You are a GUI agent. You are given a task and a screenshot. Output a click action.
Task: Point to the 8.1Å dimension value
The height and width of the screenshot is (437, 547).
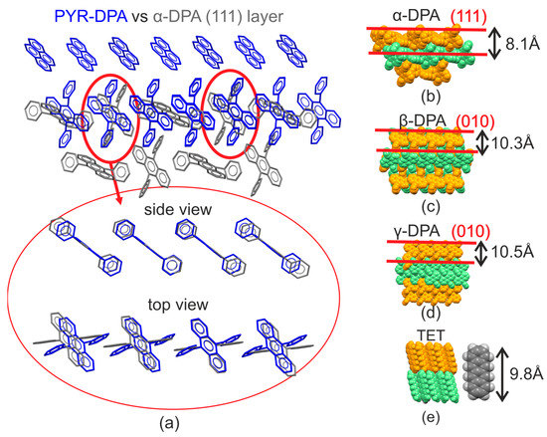[517, 44]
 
